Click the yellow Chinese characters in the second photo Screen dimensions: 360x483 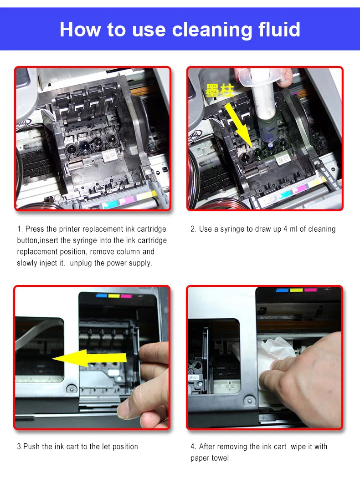tap(220, 91)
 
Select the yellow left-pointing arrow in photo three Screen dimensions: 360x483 tap(89, 358)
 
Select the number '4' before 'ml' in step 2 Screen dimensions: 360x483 tap(285, 229)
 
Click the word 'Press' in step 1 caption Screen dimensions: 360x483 tap(35, 229)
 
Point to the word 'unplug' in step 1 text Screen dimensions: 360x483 tap(81, 263)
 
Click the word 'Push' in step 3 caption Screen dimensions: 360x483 tap(32, 446)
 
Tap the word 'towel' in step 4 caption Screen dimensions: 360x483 tap(221, 458)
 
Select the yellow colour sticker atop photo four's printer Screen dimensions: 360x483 tap(296, 290)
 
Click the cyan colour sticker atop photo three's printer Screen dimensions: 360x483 tap(102, 296)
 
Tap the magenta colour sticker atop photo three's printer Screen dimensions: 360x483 tap(126, 296)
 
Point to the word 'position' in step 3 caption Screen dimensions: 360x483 tap(125, 447)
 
